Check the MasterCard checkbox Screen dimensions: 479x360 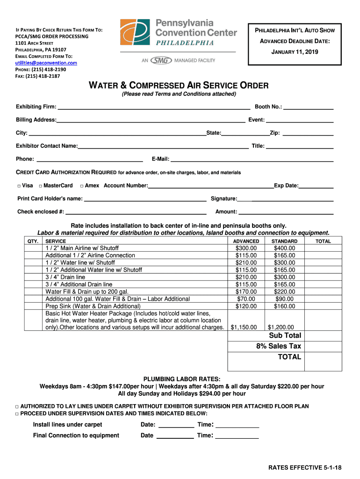pyautogui.click(x=41, y=186)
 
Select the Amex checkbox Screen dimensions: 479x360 pyautogui.click(x=82, y=186)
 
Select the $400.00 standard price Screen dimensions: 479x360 pyautogui.click(x=284, y=248)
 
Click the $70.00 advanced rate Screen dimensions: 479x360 pyautogui.click(x=246, y=299)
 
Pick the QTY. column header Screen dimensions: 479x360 pyautogui.click(x=33, y=241)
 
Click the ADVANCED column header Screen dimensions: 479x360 pyautogui.click(x=246, y=241)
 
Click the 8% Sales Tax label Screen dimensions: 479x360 pyautogui.click(x=279, y=346)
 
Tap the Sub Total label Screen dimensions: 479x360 pyautogui.click(x=285, y=335)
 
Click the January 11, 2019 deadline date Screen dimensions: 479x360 pyautogui.click(x=295, y=52)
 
